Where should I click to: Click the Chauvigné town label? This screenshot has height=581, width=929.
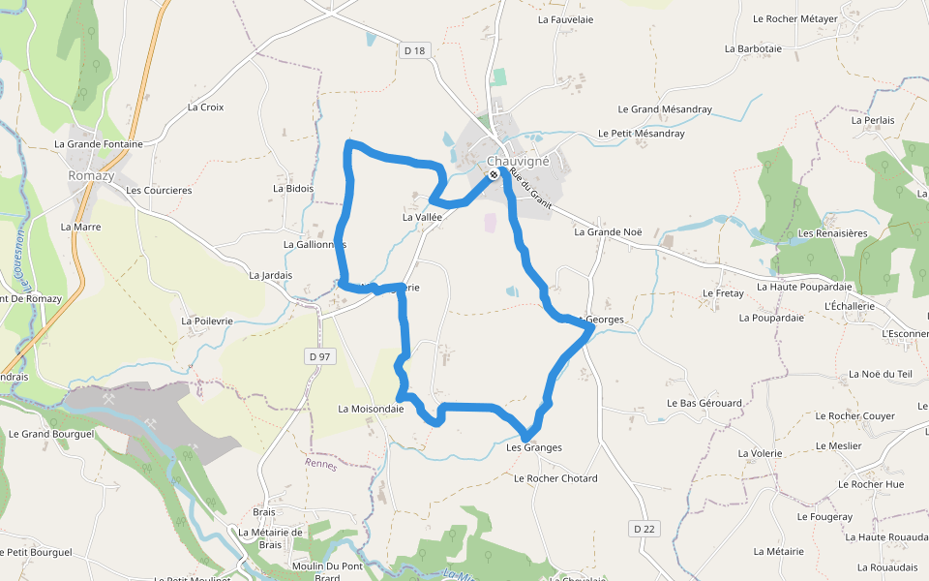pyautogui.click(x=518, y=162)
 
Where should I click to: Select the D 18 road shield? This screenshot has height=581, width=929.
pyautogui.click(x=414, y=50)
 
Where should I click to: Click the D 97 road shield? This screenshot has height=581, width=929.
pyautogui.click(x=320, y=356)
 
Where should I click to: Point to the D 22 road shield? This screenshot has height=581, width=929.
pyautogui.click(x=644, y=528)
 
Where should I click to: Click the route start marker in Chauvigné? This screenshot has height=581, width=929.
pyautogui.click(x=494, y=174)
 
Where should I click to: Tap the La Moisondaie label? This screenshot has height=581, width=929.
pyautogui.click(x=371, y=409)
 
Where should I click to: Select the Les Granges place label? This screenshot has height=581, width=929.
pyautogui.click(x=534, y=447)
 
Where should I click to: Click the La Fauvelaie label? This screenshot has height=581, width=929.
pyautogui.click(x=565, y=18)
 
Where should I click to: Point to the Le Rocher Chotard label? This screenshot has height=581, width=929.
pyautogui.click(x=555, y=478)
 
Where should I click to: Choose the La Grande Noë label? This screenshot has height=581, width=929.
pyautogui.click(x=608, y=231)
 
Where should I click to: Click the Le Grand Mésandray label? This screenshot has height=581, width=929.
pyautogui.click(x=665, y=109)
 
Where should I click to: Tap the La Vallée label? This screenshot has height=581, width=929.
pyautogui.click(x=422, y=217)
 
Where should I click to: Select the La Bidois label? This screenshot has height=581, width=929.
pyautogui.click(x=293, y=189)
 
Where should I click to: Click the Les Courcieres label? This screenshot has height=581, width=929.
pyautogui.click(x=159, y=190)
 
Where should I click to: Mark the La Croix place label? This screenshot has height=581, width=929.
pyautogui.click(x=205, y=107)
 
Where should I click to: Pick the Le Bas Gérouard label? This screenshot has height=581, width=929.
pyautogui.click(x=704, y=402)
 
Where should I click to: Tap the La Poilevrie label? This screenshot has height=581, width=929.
pyautogui.click(x=207, y=320)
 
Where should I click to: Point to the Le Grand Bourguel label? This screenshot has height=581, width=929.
pyautogui.click(x=51, y=434)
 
